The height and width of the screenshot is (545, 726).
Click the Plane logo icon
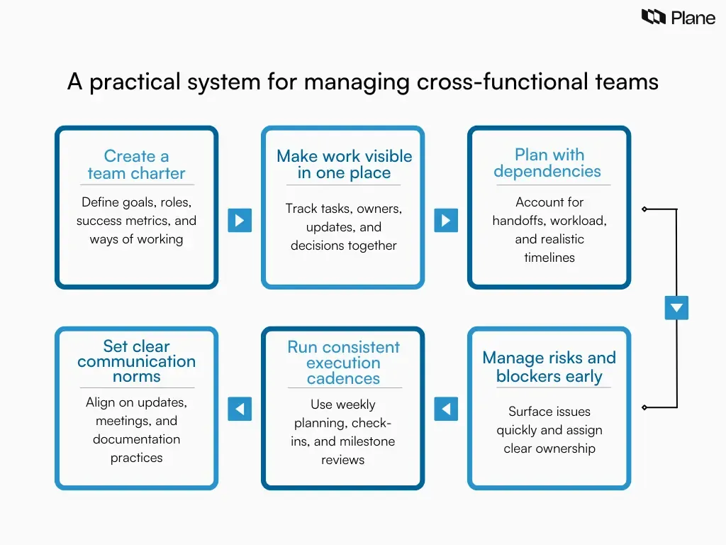(x=653, y=17)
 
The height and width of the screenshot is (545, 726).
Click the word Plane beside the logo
(x=693, y=18)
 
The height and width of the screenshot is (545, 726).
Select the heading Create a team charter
(x=136, y=165)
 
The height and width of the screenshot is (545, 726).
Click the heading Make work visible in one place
(x=344, y=165)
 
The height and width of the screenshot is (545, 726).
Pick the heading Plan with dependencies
(x=549, y=163)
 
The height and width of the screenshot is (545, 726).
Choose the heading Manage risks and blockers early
(x=549, y=367)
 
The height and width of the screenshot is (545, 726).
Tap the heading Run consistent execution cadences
(x=344, y=363)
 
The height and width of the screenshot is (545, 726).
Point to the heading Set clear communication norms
(x=136, y=361)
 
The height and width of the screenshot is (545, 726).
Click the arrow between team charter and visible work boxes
(x=240, y=220)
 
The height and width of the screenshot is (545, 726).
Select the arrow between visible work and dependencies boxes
(x=445, y=220)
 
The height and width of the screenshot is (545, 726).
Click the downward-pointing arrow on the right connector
(x=676, y=308)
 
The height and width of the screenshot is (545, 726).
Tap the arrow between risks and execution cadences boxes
(x=445, y=409)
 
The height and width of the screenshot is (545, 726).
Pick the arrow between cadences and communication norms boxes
(x=240, y=409)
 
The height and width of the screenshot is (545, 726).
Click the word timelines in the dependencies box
(x=549, y=258)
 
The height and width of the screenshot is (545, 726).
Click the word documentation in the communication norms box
(x=136, y=439)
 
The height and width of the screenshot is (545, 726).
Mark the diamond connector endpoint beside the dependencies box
(x=644, y=209)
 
